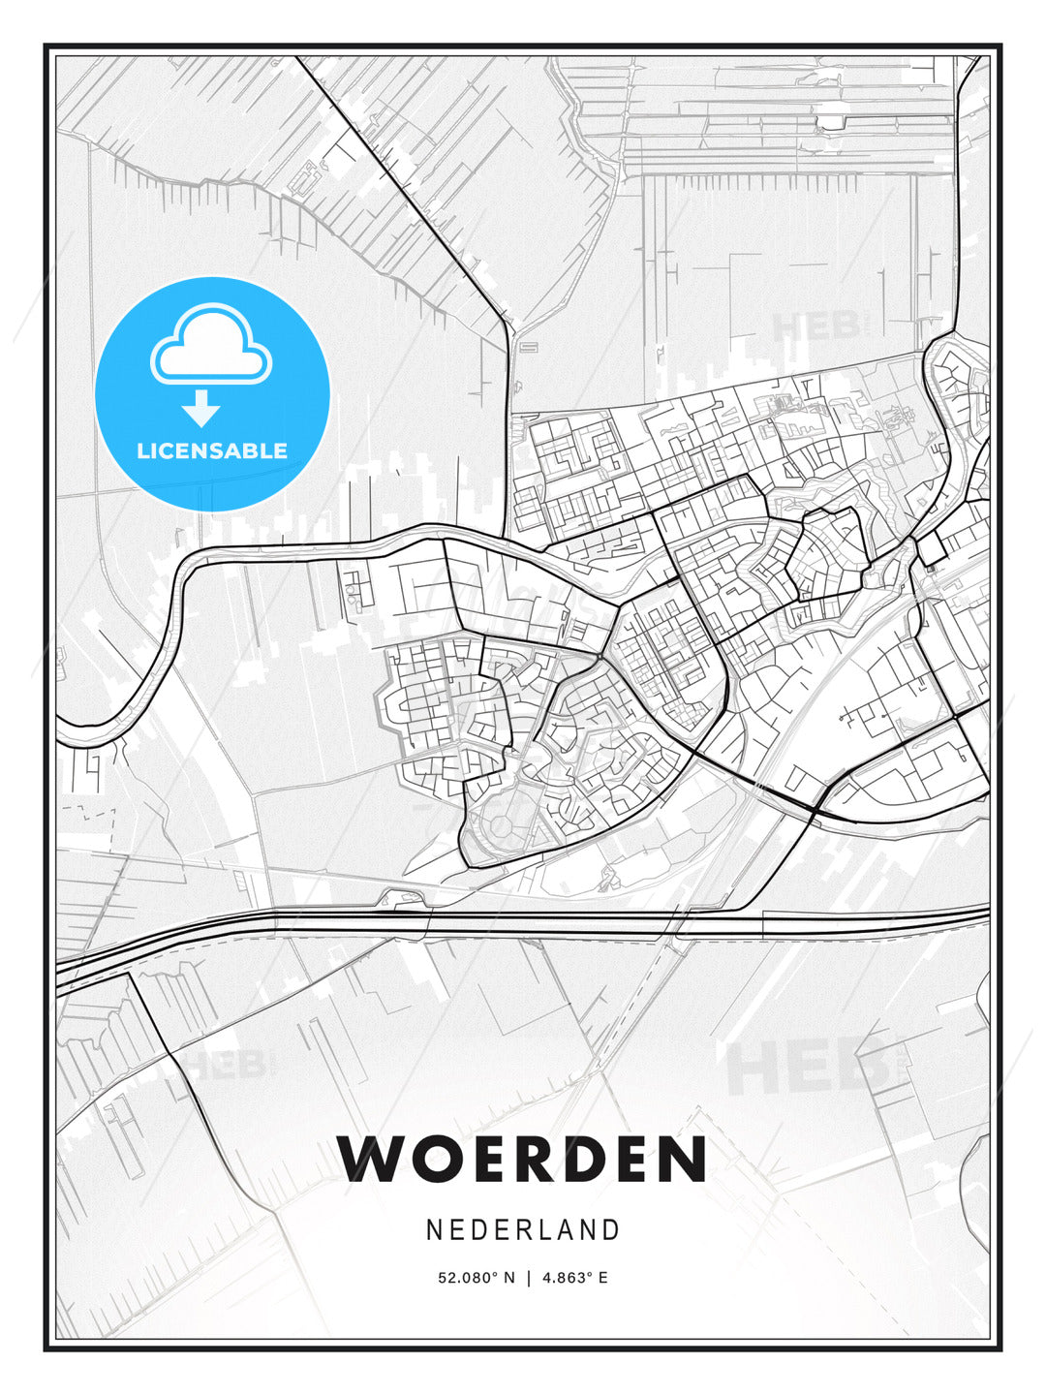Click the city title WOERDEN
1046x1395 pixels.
click(x=523, y=1159)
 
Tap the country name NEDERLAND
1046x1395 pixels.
click(x=523, y=1230)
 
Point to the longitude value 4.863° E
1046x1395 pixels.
click(x=575, y=1278)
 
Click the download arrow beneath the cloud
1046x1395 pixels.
click(x=201, y=409)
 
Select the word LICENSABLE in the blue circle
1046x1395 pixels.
click(x=212, y=450)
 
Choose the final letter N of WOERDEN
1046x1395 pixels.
click(x=678, y=1159)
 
